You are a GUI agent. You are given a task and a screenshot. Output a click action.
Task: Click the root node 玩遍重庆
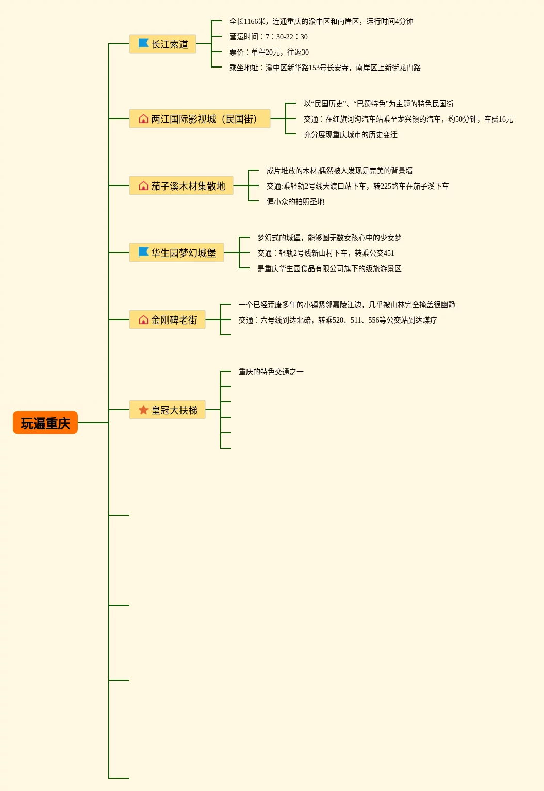(x=45, y=423)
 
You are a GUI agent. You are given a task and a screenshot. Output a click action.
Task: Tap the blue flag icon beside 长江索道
(x=143, y=44)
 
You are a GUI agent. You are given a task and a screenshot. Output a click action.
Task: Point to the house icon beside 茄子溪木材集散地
(x=143, y=186)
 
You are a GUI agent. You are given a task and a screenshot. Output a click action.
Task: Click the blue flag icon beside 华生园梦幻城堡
(x=143, y=253)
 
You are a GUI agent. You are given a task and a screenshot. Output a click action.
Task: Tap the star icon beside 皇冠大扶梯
(x=143, y=410)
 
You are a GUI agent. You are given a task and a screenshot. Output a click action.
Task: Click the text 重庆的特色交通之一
(x=271, y=372)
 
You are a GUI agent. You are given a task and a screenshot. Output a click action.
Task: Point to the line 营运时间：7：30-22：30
(x=268, y=37)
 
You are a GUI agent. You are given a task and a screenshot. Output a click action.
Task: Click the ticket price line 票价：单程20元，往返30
(x=269, y=52)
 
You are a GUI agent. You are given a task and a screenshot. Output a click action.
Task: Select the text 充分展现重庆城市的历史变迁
(x=351, y=134)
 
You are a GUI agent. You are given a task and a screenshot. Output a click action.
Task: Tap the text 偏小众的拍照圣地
(x=295, y=201)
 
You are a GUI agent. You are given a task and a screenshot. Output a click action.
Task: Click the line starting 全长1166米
(x=321, y=21)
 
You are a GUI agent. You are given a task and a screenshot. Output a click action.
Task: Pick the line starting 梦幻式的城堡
(x=329, y=238)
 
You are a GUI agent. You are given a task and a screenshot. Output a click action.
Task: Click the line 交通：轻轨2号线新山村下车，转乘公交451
(x=326, y=253)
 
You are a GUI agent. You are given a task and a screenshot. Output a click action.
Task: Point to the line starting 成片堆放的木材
(x=339, y=171)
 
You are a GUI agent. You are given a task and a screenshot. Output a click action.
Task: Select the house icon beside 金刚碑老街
(x=143, y=320)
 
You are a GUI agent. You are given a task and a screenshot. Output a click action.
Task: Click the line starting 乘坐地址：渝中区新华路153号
(x=325, y=68)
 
